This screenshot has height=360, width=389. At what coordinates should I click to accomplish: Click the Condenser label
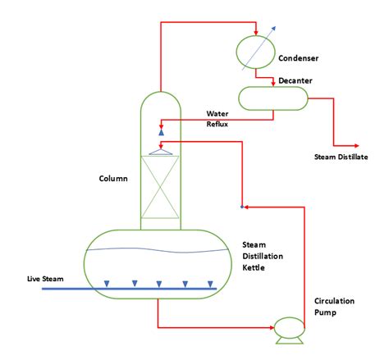point(299,58)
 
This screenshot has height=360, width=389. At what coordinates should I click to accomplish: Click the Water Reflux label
point(217,118)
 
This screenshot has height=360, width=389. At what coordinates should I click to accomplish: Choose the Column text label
point(112,178)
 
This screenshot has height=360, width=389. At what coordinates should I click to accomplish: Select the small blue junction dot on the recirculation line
point(242,206)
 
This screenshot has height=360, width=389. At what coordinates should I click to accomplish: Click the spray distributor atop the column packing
point(161,151)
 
